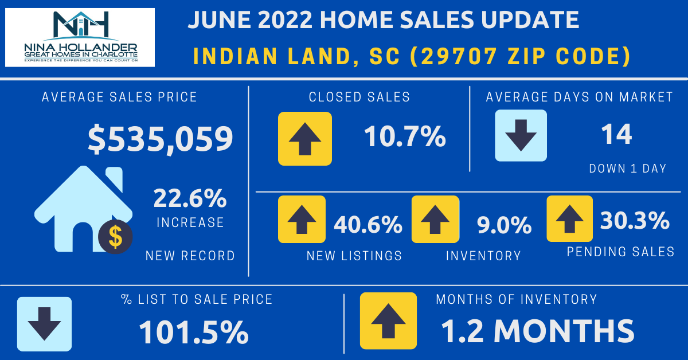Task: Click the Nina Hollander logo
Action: (80, 37)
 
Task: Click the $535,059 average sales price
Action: (161, 139)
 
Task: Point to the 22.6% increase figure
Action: (190, 199)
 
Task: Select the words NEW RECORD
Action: (190, 256)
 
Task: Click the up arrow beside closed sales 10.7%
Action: (304, 139)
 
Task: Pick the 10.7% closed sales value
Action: (405, 136)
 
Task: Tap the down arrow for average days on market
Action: (521, 135)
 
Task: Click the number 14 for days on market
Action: (616, 135)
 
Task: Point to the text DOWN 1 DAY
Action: (627, 169)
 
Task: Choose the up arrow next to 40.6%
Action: (302, 218)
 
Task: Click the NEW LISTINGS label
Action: (354, 256)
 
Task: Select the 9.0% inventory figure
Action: (504, 225)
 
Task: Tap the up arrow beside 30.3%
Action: (569, 218)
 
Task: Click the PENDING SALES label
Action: (620, 251)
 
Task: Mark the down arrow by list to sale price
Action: (44, 324)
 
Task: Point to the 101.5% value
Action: (193, 331)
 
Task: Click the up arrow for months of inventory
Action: (388, 320)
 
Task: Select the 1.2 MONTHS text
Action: (537, 330)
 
